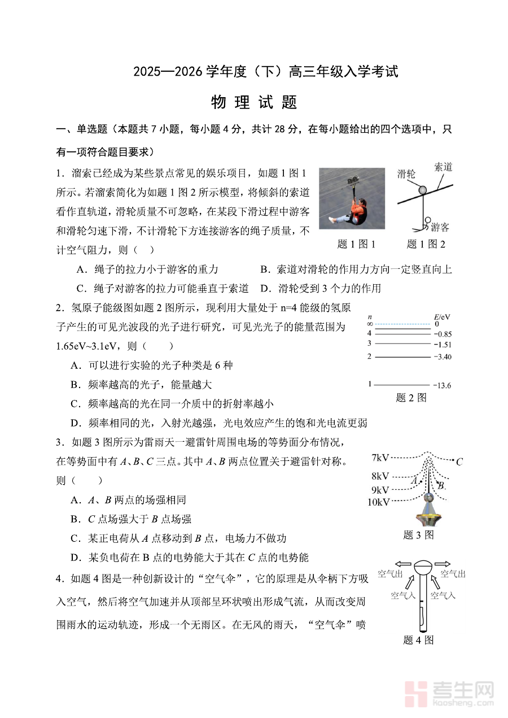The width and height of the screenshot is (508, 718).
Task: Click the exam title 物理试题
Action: [254, 103]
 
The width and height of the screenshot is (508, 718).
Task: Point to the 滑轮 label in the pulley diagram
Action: [407, 173]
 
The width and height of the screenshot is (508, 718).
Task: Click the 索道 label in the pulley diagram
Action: [444, 168]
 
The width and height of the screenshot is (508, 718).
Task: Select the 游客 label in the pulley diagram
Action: [440, 228]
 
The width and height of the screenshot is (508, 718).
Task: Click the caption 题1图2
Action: [426, 245]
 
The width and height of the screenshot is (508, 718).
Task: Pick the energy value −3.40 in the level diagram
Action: [441, 357]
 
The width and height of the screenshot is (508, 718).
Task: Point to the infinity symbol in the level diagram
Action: [370, 324]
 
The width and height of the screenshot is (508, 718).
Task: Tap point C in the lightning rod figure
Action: [459, 462]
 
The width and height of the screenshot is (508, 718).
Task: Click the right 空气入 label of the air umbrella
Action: [443, 595]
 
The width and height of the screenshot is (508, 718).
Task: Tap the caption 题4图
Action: [418, 640]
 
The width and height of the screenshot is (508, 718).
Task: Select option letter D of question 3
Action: [75, 558]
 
